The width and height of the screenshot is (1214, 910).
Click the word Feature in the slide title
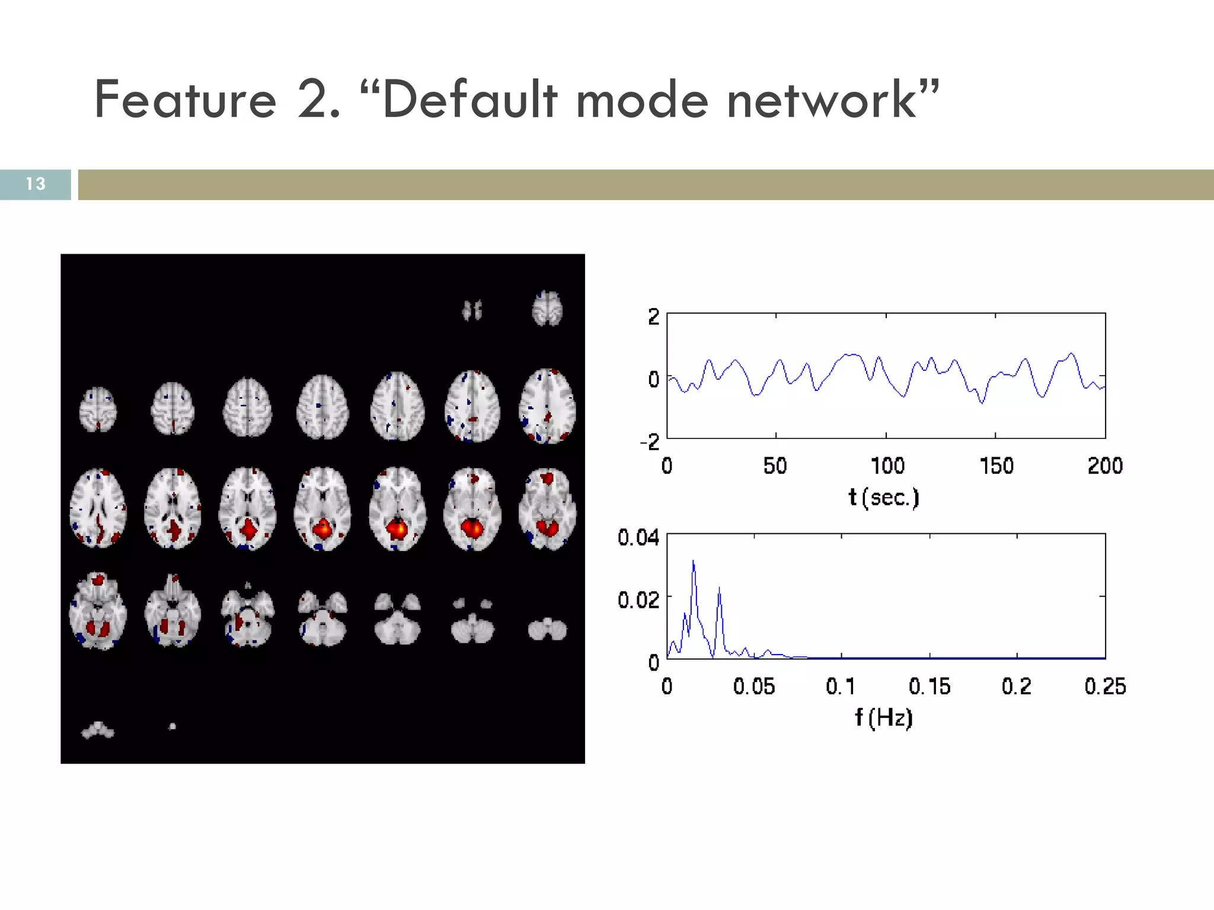(185, 100)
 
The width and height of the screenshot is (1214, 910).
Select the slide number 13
(36, 184)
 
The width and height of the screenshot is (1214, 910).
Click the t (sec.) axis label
(883, 497)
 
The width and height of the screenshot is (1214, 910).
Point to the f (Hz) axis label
(883, 717)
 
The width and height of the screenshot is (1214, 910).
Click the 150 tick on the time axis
(996, 466)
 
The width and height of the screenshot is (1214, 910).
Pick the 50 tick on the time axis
(775, 466)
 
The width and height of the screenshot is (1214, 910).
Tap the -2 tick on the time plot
(650, 441)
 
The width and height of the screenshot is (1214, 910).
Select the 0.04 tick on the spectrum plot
(638, 537)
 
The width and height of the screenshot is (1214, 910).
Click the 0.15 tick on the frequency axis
(929, 686)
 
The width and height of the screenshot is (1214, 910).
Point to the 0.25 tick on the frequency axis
(1105, 686)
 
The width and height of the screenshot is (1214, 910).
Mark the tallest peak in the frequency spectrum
(693, 560)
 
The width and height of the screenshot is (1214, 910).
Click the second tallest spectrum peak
(719, 588)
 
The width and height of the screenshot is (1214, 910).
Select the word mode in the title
(642, 100)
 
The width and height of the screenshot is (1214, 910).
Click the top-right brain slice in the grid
(547, 308)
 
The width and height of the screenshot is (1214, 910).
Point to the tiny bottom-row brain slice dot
(172, 726)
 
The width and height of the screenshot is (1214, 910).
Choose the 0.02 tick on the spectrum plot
(638, 600)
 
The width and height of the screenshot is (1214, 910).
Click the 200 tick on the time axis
(1105, 466)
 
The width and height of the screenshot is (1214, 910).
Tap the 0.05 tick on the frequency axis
(753, 686)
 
